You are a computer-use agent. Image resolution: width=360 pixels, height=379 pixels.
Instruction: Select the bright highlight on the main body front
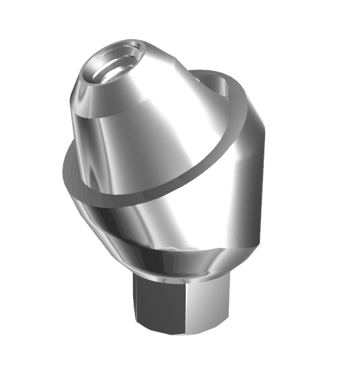point(136,222)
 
